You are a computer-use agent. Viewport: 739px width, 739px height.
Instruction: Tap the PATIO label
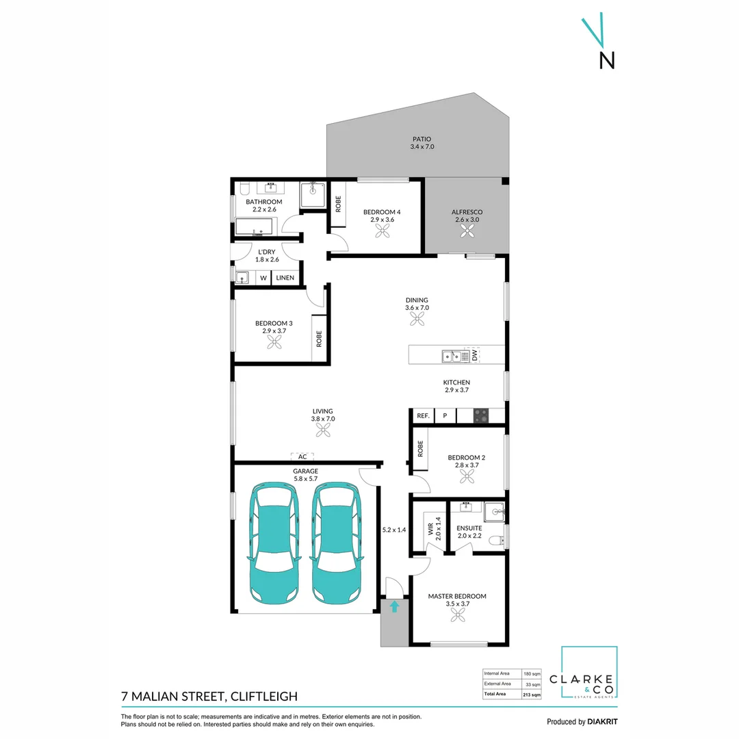point(422,139)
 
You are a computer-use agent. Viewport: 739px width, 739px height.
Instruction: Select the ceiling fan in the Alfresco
point(467,233)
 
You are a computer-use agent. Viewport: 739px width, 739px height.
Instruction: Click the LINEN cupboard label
point(285,278)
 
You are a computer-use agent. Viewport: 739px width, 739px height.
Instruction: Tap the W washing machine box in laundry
point(263,278)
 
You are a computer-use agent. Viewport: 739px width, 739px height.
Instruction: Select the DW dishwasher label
point(473,355)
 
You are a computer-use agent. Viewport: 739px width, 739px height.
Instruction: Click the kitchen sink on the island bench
point(451,355)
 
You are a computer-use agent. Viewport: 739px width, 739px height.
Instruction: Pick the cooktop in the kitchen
point(481,415)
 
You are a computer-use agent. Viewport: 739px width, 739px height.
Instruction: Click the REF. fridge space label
point(423,415)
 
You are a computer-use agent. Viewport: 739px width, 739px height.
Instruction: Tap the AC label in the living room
point(302,456)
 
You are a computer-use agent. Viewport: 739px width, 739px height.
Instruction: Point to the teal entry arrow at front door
point(394,606)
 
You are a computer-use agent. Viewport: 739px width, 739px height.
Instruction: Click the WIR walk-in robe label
point(430,529)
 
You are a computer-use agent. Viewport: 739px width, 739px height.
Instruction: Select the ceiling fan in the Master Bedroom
point(457,616)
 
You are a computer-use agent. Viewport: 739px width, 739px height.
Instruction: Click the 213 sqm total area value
point(532,695)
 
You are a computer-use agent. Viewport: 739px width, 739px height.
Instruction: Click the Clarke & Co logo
point(589,673)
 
